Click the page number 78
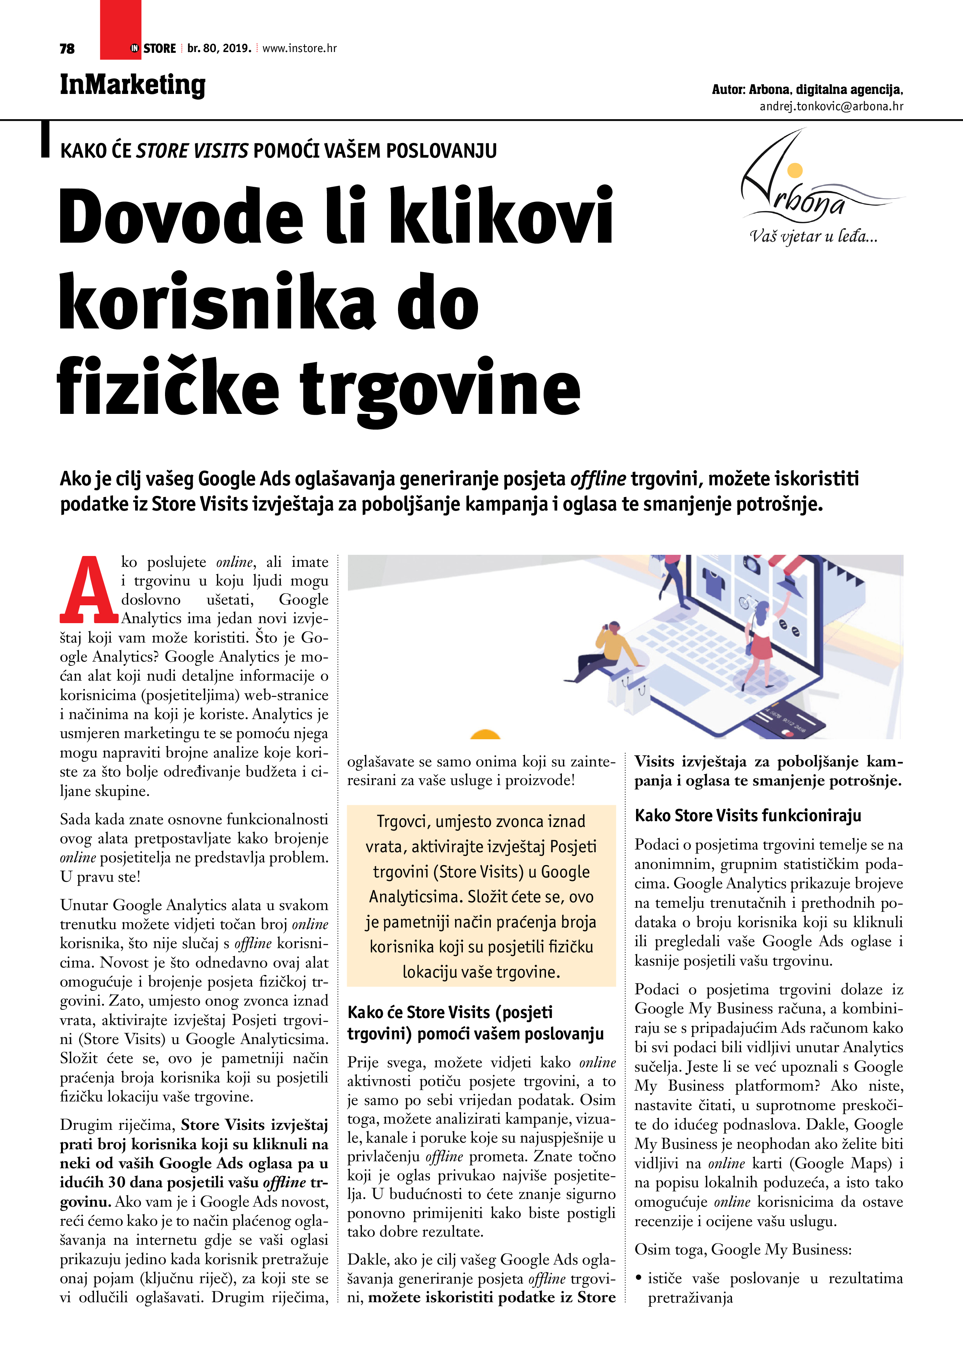[x=67, y=49]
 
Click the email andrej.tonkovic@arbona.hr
[x=831, y=107]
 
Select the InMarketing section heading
[x=132, y=85]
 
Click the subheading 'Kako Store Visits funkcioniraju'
[x=747, y=816]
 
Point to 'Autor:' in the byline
[x=728, y=90]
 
